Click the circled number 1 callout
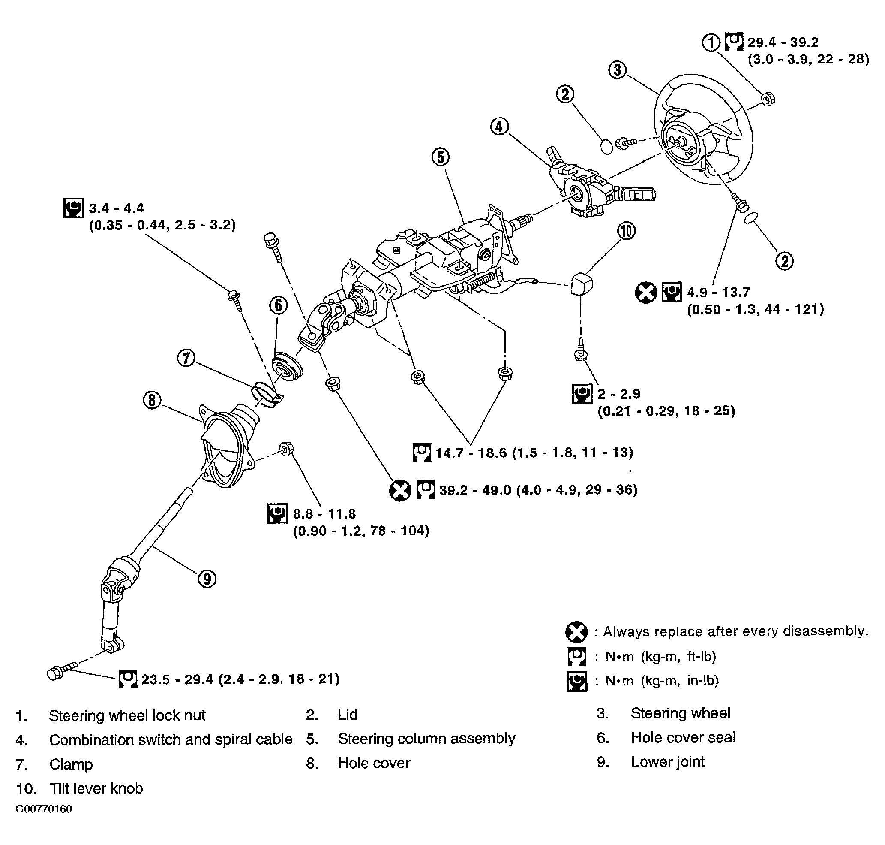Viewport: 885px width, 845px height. pyautogui.click(x=712, y=43)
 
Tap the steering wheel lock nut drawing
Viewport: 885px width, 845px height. pyautogui.click(x=768, y=98)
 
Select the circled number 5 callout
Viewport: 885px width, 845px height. pyautogui.click(x=440, y=157)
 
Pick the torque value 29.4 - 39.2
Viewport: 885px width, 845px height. pyautogui.click(x=783, y=42)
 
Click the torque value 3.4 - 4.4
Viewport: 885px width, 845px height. pyautogui.click(x=116, y=208)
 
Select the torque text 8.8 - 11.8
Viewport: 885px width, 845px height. pyautogui.click(x=324, y=513)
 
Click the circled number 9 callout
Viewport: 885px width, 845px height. pyautogui.click(x=207, y=579)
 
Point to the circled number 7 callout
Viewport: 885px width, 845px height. pyautogui.click(x=186, y=359)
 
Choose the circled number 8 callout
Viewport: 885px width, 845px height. pyautogui.click(x=152, y=400)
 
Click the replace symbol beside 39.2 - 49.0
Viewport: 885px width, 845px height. pyautogui.click(x=400, y=490)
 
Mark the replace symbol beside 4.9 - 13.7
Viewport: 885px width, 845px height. pyautogui.click(x=646, y=293)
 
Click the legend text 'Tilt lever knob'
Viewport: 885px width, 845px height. pyautogui.click(x=96, y=788)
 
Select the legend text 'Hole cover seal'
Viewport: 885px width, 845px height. pyautogui.click(x=683, y=737)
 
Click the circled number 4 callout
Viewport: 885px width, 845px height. pyautogui.click(x=499, y=127)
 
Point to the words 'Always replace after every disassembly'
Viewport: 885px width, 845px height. pyautogui.click(x=735, y=631)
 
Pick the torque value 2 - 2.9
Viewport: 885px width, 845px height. pyautogui.click(x=618, y=394)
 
